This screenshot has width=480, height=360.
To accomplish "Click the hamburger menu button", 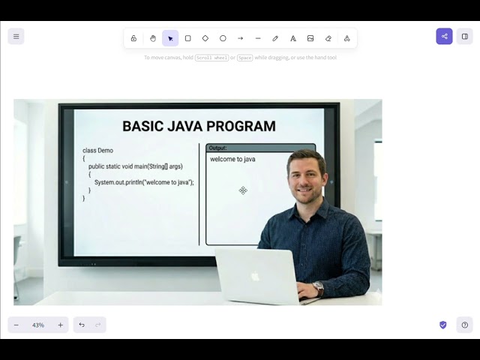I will point(16,36).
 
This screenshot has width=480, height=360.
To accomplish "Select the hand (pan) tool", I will point(153,38).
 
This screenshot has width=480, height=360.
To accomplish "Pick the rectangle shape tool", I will point(187,38).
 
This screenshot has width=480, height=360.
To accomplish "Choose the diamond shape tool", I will point(205,38).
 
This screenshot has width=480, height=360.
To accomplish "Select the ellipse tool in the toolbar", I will point(223,38).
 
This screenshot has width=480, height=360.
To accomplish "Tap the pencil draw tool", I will point(275,38).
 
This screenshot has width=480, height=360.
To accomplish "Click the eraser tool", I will point(328,38).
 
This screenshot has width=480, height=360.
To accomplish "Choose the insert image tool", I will point(310,38).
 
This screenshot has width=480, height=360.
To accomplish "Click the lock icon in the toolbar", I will point(133,38).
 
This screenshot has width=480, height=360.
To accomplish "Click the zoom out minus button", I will point(16,325).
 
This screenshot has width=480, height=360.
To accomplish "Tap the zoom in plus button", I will point(61,325).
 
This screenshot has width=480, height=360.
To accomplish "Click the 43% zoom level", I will point(38,325).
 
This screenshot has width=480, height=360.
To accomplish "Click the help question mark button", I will point(465,325).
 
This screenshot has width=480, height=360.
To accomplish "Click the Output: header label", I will point(217,148).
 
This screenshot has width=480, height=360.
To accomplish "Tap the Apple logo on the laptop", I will point(255,276).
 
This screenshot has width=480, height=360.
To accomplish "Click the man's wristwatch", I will point(319,287).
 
